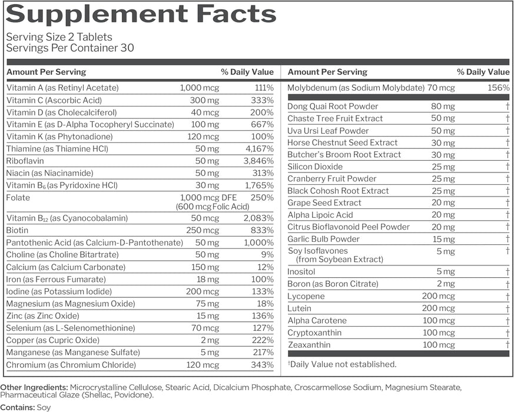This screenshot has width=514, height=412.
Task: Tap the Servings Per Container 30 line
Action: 70,48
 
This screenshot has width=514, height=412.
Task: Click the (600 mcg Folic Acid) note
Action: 212,207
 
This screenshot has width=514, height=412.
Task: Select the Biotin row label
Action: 17,231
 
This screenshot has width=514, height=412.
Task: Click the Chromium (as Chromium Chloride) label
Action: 71,365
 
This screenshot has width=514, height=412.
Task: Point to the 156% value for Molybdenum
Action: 499,88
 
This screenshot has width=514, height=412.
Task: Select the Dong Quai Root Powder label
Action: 333,107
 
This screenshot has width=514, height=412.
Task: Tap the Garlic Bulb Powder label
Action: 323,239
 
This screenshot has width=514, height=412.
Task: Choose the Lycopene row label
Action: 306,296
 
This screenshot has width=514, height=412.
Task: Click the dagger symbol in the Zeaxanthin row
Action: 506,345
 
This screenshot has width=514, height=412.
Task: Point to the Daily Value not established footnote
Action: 342,364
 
